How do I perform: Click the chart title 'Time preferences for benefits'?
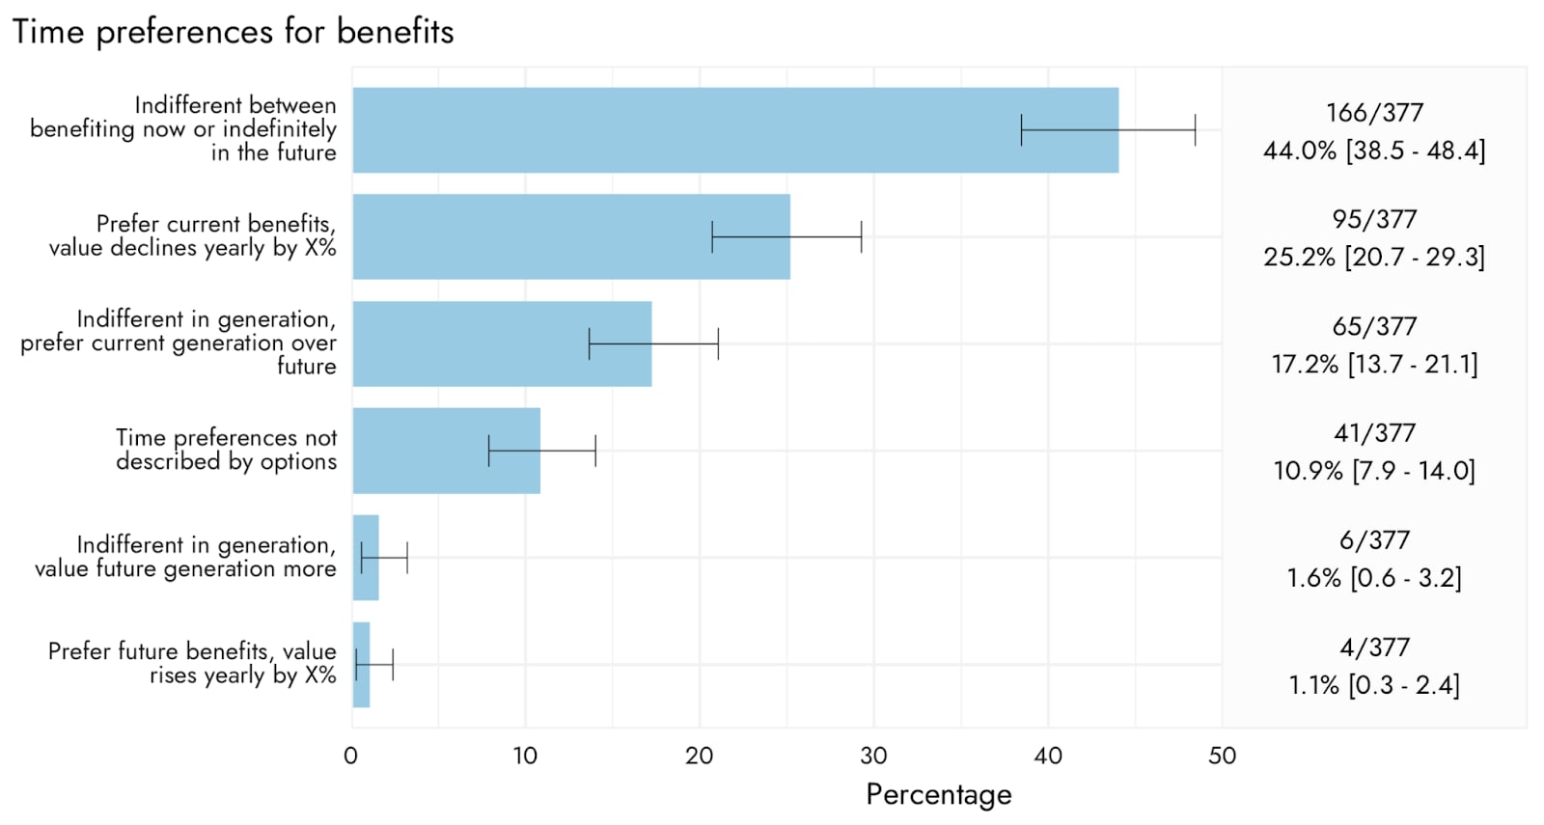tap(233, 33)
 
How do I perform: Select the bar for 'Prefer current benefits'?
tap(571, 236)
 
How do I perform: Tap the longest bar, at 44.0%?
tap(735, 129)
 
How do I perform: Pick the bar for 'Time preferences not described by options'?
tap(447, 451)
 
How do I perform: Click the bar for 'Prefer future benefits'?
tap(361, 665)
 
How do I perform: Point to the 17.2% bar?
tap(503, 344)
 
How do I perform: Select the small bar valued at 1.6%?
tap(366, 558)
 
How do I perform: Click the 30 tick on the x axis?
tap(873, 756)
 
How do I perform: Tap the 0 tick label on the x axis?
tap(351, 756)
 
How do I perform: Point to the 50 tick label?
tap(1222, 756)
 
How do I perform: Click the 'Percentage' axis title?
tap(939, 795)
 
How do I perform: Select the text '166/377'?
tap(1374, 112)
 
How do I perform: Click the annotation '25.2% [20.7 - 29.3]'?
tap(1374, 257)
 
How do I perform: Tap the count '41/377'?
tap(1374, 433)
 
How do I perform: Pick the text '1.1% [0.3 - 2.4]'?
tap(1374, 685)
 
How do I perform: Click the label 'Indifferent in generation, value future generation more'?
tap(185, 557)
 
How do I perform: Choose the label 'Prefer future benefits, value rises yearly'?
tap(192, 663)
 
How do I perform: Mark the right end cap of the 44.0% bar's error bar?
tap(1196, 129)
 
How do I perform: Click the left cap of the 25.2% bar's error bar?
tap(712, 236)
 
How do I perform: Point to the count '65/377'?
tap(1374, 326)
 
